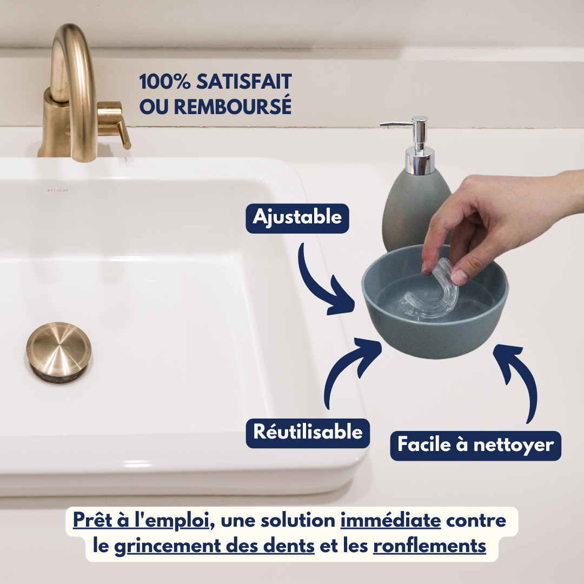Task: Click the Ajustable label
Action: click(x=297, y=217)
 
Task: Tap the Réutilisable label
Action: click(x=308, y=433)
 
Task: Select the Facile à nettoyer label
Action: click(x=475, y=445)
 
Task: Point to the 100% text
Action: click(x=158, y=82)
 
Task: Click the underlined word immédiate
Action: click(x=390, y=521)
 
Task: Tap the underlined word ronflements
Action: click(x=430, y=546)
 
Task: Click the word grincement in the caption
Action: click(x=214, y=546)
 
